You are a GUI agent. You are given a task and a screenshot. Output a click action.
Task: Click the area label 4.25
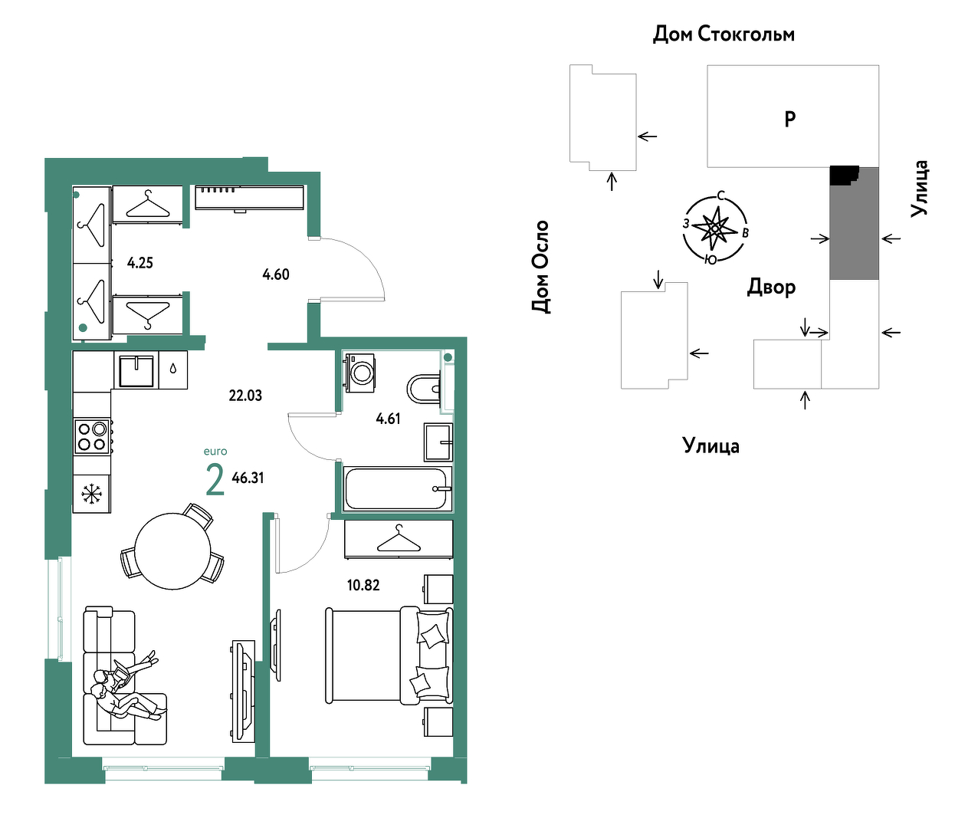tap(140, 264)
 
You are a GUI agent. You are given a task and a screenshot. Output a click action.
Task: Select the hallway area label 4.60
tap(276, 274)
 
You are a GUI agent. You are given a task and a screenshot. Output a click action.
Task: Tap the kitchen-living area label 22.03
tap(245, 396)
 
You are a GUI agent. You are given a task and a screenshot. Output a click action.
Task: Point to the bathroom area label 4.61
tap(388, 419)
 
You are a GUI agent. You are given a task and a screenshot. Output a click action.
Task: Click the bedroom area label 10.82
tap(363, 586)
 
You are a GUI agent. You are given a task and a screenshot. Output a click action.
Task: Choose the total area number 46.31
tap(248, 478)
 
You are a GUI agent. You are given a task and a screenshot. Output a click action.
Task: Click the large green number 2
tap(215, 480)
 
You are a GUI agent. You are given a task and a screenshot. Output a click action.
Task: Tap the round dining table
tap(173, 550)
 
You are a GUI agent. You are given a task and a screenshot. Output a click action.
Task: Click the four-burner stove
tap(92, 437)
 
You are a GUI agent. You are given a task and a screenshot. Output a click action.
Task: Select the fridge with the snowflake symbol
tap(91, 494)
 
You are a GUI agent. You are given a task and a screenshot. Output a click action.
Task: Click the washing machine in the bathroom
tap(359, 373)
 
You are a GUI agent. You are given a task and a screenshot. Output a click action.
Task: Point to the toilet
tap(424, 389)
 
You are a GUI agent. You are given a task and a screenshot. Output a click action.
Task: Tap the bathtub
tap(397, 489)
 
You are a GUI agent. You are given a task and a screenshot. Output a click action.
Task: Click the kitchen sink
tap(136, 370)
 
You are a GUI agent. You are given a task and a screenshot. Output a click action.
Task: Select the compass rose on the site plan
tap(715, 228)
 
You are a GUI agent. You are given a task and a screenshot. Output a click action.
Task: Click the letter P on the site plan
tap(790, 119)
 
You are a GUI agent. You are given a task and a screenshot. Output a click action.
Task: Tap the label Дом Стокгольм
tap(724, 34)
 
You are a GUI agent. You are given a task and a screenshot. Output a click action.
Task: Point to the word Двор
tap(771, 287)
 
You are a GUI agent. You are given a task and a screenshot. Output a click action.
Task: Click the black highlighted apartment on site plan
tap(844, 175)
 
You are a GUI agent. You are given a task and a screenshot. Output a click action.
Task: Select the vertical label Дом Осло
tap(540, 267)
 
